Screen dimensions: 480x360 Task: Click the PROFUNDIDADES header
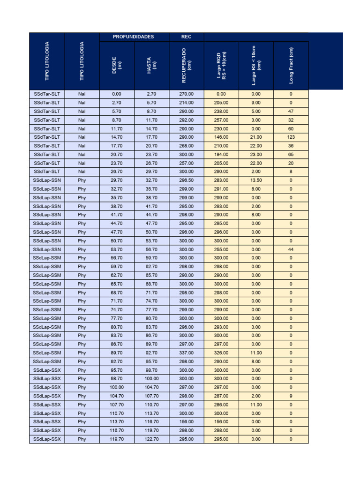[134, 37]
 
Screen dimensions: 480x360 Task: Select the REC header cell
[186, 37]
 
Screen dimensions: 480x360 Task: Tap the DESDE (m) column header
[117, 66]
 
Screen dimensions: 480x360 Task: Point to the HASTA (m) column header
[151, 66]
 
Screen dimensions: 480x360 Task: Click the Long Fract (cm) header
[291, 66]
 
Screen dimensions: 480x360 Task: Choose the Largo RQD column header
[221, 66]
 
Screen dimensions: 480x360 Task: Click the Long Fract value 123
[291, 137]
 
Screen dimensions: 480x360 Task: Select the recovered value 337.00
[186, 352]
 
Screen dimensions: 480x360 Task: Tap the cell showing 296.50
[186, 180]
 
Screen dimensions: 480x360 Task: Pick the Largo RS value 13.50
[256, 180]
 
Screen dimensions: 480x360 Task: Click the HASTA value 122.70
[151, 439]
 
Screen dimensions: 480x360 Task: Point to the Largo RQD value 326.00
[221, 352]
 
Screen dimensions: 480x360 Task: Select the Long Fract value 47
[291, 111]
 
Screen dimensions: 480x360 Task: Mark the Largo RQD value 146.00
[221, 137]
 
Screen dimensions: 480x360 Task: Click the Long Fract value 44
[291, 249]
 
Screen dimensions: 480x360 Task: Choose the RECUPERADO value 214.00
[186, 102]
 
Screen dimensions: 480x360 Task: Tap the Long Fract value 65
[291, 154]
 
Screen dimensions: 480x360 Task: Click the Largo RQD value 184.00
[221, 154]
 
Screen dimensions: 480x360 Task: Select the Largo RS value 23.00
[256, 154]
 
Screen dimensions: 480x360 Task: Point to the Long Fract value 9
[291, 396]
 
